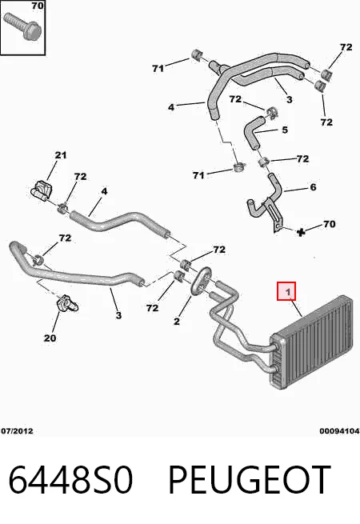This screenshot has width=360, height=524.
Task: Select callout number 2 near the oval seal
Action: pyautogui.click(x=177, y=321)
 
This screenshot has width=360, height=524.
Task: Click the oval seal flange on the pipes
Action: pyautogui.click(x=201, y=281)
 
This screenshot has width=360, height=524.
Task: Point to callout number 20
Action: pyautogui.click(x=50, y=338)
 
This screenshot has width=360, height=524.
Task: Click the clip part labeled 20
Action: pyautogui.click(x=67, y=303)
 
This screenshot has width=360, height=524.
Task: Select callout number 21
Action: pyautogui.click(x=61, y=155)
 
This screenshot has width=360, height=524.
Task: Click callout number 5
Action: pyautogui.click(x=285, y=130)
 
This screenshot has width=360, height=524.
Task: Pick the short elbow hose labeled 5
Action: pyautogui.click(x=255, y=132)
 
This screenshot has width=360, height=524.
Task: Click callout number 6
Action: pyautogui.click(x=313, y=187)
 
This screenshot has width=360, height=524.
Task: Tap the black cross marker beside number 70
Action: pyautogui.click(x=301, y=232)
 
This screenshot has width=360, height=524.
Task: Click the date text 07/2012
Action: pyautogui.click(x=17, y=430)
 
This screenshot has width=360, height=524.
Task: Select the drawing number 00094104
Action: pyautogui.click(x=339, y=431)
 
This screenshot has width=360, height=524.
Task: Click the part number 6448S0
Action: pyautogui.click(x=71, y=479)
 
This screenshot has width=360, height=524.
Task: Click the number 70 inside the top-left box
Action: pyautogui.click(x=38, y=6)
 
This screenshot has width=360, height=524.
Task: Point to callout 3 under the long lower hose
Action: pyautogui.click(x=118, y=315)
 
